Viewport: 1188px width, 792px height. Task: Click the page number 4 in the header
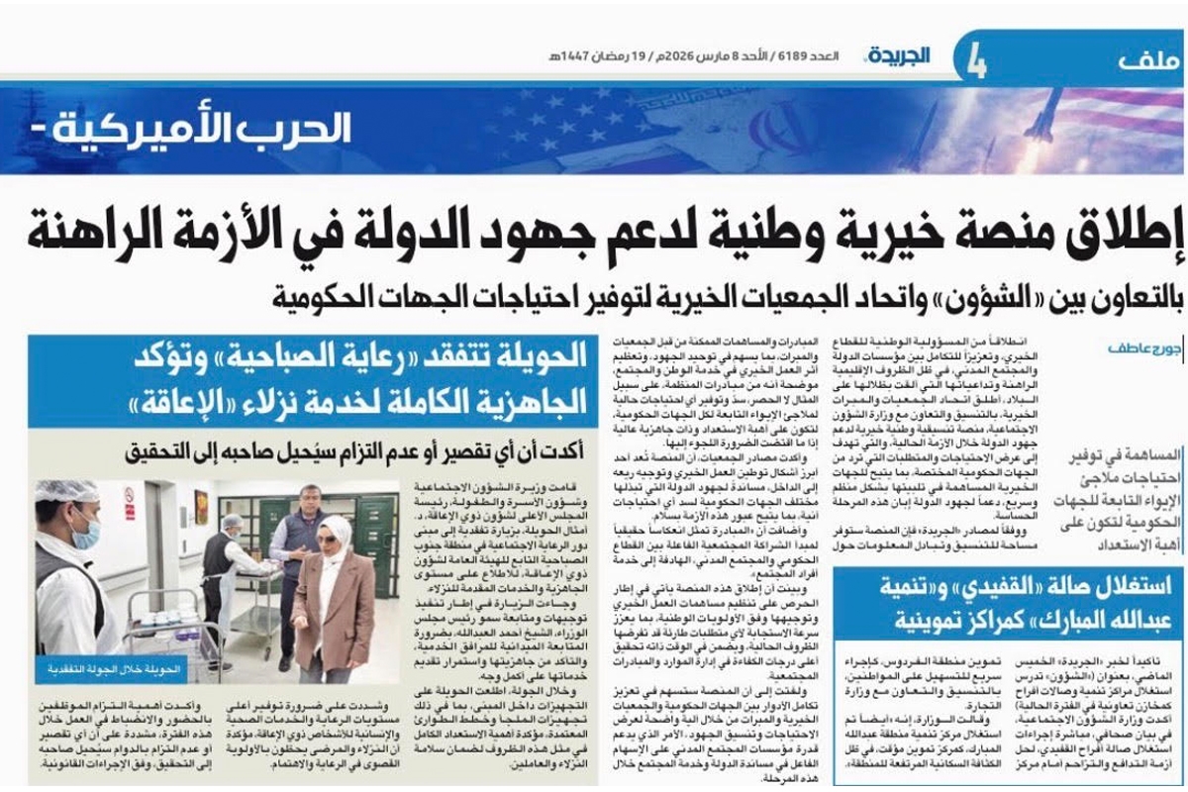pyautogui.click(x=976, y=59)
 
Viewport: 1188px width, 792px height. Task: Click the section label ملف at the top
pyautogui.click(x=1148, y=60)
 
